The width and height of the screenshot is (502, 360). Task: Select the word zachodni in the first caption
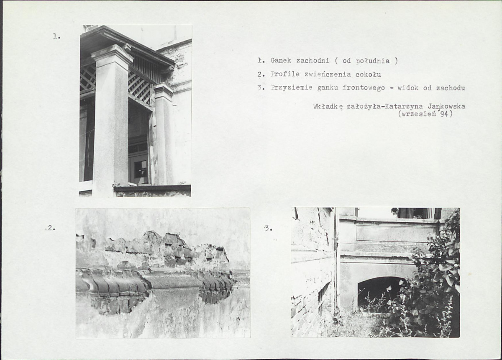(312, 61)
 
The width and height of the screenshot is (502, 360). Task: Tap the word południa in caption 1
(372, 61)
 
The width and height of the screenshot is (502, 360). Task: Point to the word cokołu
(368, 75)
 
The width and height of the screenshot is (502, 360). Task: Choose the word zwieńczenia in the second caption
(328, 74)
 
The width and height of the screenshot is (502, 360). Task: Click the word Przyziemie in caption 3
(291, 88)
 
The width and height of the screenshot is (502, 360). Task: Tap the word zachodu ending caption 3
(451, 88)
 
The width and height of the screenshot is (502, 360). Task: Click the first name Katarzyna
(403, 106)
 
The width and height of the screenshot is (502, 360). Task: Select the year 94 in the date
(444, 114)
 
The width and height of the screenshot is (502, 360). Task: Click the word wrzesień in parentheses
(419, 114)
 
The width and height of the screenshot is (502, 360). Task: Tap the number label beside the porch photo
(57, 36)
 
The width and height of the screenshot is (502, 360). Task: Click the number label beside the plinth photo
(51, 228)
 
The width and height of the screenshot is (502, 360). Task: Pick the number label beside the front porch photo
(268, 229)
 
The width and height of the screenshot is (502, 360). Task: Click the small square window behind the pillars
(140, 169)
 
